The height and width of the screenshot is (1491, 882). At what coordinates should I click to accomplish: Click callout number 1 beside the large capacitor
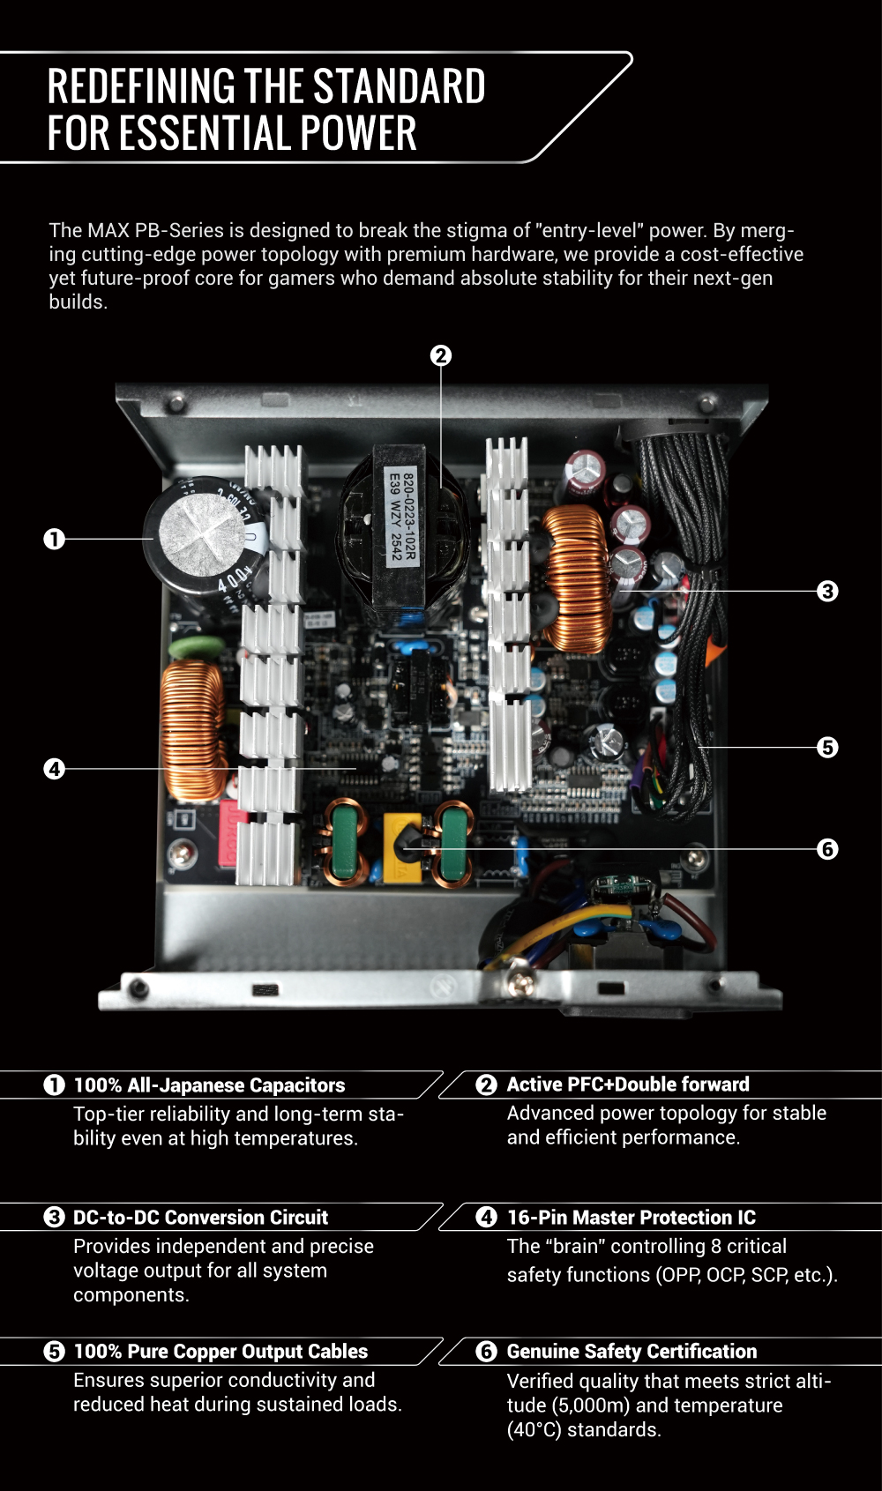(x=55, y=539)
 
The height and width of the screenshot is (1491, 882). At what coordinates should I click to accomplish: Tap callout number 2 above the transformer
(x=441, y=355)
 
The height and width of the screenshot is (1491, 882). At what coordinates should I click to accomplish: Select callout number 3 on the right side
(x=827, y=591)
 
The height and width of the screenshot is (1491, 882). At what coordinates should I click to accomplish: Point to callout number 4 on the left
(x=55, y=769)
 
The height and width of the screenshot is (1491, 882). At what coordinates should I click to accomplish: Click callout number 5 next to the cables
(x=827, y=748)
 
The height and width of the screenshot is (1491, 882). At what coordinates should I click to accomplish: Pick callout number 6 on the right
(x=827, y=849)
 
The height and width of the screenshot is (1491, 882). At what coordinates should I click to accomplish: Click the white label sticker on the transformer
(x=402, y=517)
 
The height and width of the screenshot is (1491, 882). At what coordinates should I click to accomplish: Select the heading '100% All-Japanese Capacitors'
(x=209, y=1085)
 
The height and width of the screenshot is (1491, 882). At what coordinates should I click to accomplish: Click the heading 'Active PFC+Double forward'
(x=627, y=1085)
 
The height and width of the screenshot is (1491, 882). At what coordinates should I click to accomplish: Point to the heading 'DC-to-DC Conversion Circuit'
(x=200, y=1218)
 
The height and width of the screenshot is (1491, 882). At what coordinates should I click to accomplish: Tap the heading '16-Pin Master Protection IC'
(x=631, y=1218)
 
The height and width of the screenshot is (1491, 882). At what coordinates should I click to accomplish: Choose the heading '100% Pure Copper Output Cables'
(x=220, y=1352)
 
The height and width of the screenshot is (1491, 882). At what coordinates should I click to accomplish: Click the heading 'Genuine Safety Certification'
(x=632, y=1352)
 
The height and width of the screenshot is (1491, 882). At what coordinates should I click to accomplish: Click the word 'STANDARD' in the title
(x=399, y=86)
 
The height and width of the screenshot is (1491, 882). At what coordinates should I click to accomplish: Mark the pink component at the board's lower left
(x=228, y=832)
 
